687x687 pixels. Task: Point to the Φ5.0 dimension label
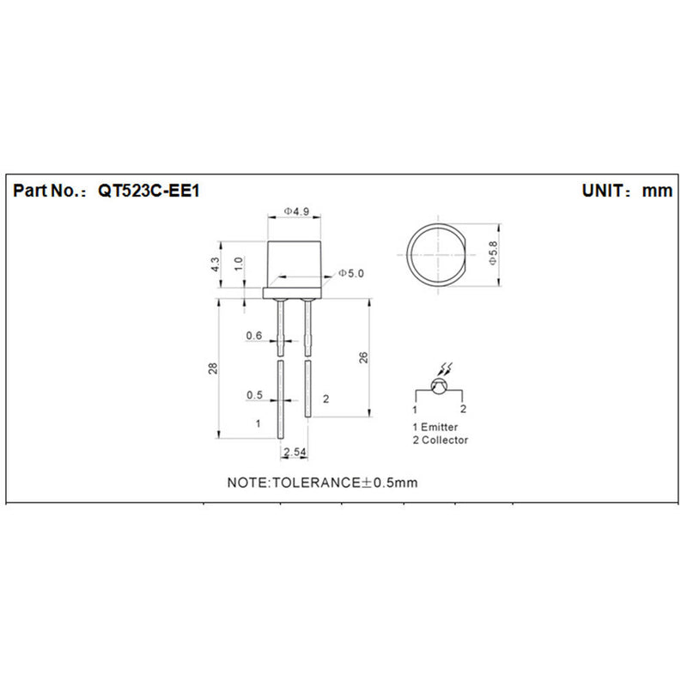tap(350, 273)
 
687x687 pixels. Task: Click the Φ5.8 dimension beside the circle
tap(491, 254)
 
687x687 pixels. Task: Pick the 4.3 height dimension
tap(215, 264)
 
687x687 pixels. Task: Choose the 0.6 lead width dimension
tap(254, 336)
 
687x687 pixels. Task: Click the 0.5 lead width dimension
tap(254, 395)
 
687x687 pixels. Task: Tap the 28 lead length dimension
tap(213, 368)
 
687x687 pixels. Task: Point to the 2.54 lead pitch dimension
tap(294, 451)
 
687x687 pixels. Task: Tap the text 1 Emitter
tap(435, 427)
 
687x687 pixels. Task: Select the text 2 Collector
tap(440, 440)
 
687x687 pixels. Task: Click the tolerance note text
tap(322, 482)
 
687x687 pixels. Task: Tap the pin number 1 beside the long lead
tap(257, 423)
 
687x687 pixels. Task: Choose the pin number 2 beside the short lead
tap(325, 399)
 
